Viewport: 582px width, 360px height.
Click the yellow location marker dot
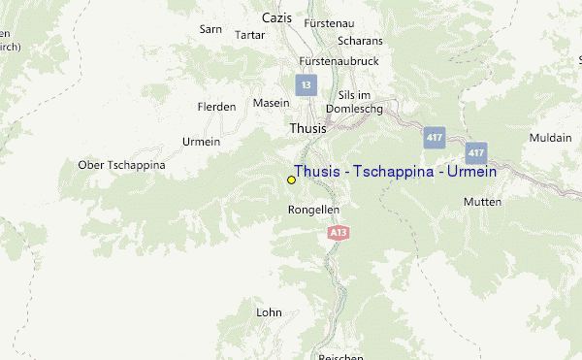click(x=291, y=180)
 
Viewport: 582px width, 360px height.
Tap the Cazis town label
click(x=276, y=17)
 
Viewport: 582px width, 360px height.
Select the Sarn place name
click(x=210, y=29)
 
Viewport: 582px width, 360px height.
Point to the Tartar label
click(x=249, y=35)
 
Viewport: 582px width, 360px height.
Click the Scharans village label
click(x=360, y=41)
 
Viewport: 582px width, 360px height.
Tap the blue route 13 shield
click(x=307, y=85)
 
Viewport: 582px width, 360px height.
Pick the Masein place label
click(x=271, y=103)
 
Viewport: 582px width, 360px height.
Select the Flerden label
click(x=216, y=107)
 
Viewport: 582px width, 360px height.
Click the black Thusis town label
click(x=307, y=128)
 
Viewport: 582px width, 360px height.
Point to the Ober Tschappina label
click(x=121, y=165)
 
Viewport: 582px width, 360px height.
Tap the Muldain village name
click(x=550, y=139)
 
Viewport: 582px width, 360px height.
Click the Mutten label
click(x=482, y=202)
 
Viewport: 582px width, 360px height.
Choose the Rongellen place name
click(x=314, y=210)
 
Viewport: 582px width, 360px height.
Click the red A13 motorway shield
click(x=338, y=233)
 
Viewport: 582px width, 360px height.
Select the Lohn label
click(x=269, y=312)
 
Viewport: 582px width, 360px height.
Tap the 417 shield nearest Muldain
click(x=475, y=152)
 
